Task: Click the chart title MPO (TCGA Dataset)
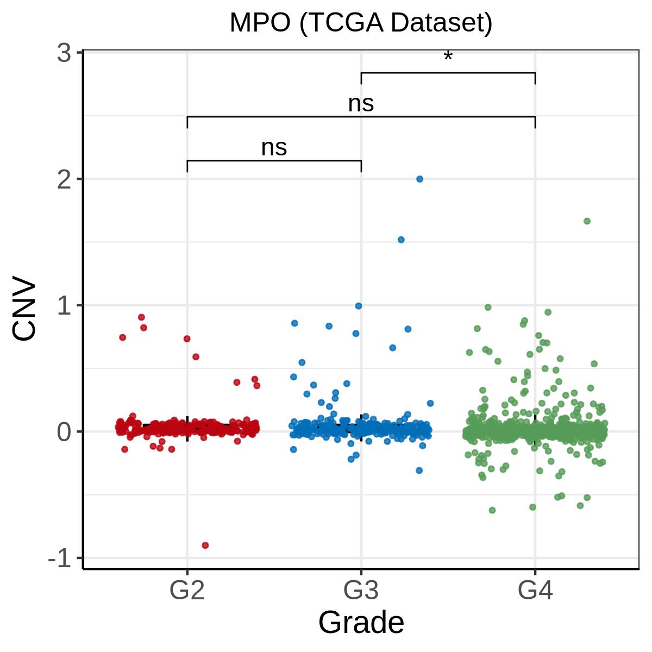(361, 23)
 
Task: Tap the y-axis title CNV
(24, 311)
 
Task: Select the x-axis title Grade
(361, 622)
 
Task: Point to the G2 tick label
(187, 591)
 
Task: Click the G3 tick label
(361, 591)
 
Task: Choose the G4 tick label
(535, 591)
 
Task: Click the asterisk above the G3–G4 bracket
(448, 57)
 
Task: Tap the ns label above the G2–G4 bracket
(361, 103)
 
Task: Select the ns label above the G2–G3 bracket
(274, 148)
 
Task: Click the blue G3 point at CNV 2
(419, 179)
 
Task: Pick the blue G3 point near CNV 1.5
(401, 240)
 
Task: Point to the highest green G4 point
(587, 221)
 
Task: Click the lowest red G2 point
(205, 545)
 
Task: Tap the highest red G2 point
(141, 317)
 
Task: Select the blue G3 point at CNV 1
(359, 306)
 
